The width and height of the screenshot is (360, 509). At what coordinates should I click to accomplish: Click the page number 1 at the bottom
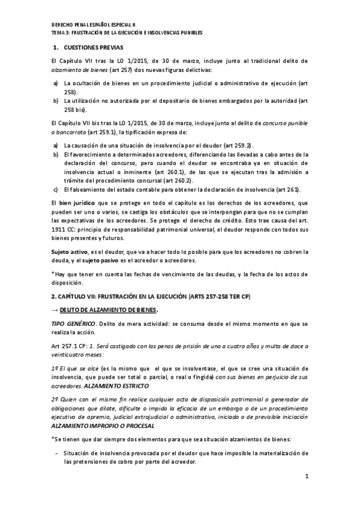point(306,477)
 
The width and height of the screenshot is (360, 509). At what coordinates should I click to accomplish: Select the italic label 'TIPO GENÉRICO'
point(72,324)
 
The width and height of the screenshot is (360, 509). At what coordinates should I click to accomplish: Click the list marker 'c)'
point(56,190)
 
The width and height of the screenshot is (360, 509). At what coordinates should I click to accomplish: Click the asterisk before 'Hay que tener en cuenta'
point(53,274)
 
